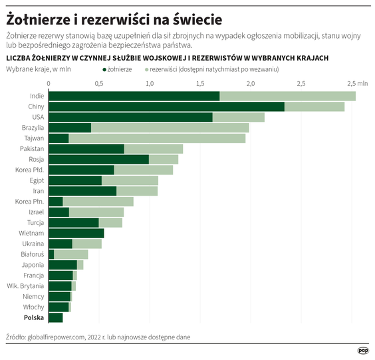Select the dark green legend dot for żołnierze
click(x=104, y=69)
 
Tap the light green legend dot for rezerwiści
click(x=146, y=69)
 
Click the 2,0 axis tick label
click(x=251, y=85)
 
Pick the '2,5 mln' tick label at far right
click(x=356, y=85)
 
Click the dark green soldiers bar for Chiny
click(x=166, y=106)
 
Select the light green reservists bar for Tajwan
click(x=157, y=138)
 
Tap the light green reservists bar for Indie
click(x=287, y=96)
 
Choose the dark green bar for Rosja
click(x=98, y=160)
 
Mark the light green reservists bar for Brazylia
click(x=170, y=128)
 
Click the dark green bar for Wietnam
click(x=76, y=234)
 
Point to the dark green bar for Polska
click(x=55, y=318)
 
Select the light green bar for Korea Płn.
click(x=98, y=202)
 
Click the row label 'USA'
click(x=37, y=117)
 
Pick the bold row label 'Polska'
click(x=34, y=318)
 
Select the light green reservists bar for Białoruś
click(x=70, y=254)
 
